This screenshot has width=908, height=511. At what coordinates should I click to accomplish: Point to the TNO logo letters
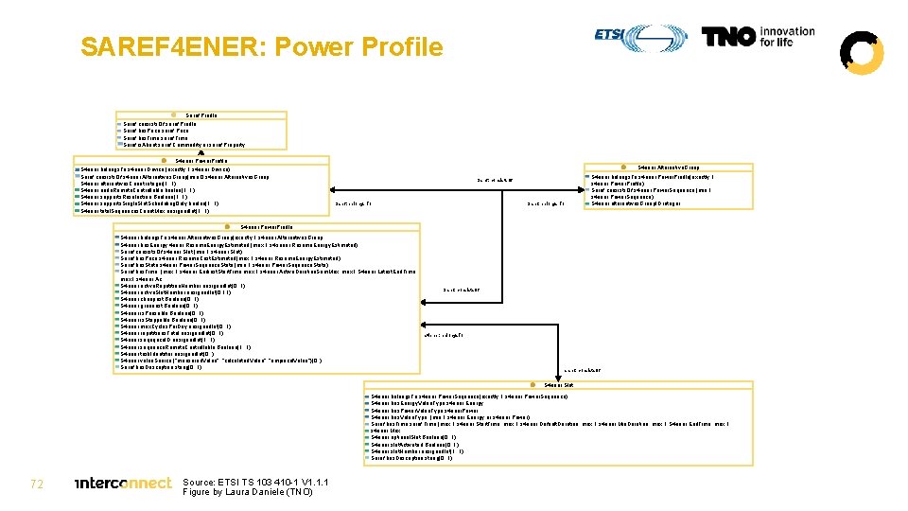729,36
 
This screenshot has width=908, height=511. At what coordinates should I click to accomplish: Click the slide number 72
37,484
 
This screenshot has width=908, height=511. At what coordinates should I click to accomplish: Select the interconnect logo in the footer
123,484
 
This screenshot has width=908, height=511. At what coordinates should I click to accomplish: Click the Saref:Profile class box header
201,115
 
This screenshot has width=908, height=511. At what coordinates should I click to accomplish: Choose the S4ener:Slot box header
558,385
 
